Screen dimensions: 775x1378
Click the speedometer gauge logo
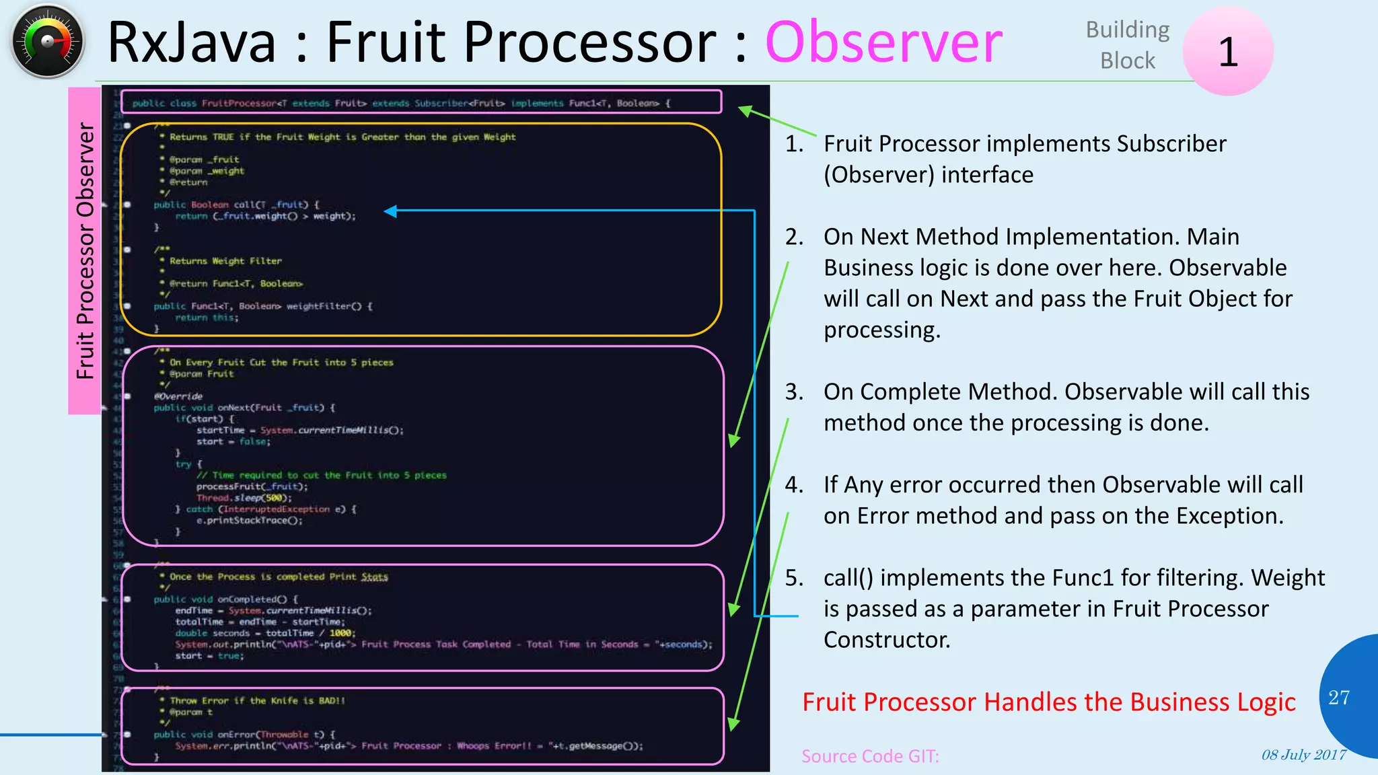click(47, 42)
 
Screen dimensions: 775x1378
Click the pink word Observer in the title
click(883, 42)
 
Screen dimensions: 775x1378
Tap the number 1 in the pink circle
click(1228, 52)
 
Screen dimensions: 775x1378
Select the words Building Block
click(1128, 45)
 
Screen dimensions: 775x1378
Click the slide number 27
click(1338, 698)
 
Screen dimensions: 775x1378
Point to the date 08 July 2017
click(1303, 755)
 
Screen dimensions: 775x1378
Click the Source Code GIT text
click(870, 756)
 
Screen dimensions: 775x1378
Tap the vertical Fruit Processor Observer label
click(85, 250)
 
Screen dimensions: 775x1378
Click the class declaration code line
click(401, 103)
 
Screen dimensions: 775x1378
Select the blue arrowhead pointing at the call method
click(390, 211)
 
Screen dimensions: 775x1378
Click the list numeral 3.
click(794, 392)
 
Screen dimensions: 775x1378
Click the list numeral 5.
click(794, 578)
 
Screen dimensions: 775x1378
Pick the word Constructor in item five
click(886, 640)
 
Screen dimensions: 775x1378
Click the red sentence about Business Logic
click(1048, 702)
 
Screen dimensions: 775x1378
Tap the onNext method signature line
click(244, 408)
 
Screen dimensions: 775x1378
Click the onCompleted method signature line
click(225, 599)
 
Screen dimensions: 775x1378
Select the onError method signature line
click(244, 735)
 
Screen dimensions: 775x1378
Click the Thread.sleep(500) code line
click(244, 498)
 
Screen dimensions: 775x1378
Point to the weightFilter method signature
click(262, 306)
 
